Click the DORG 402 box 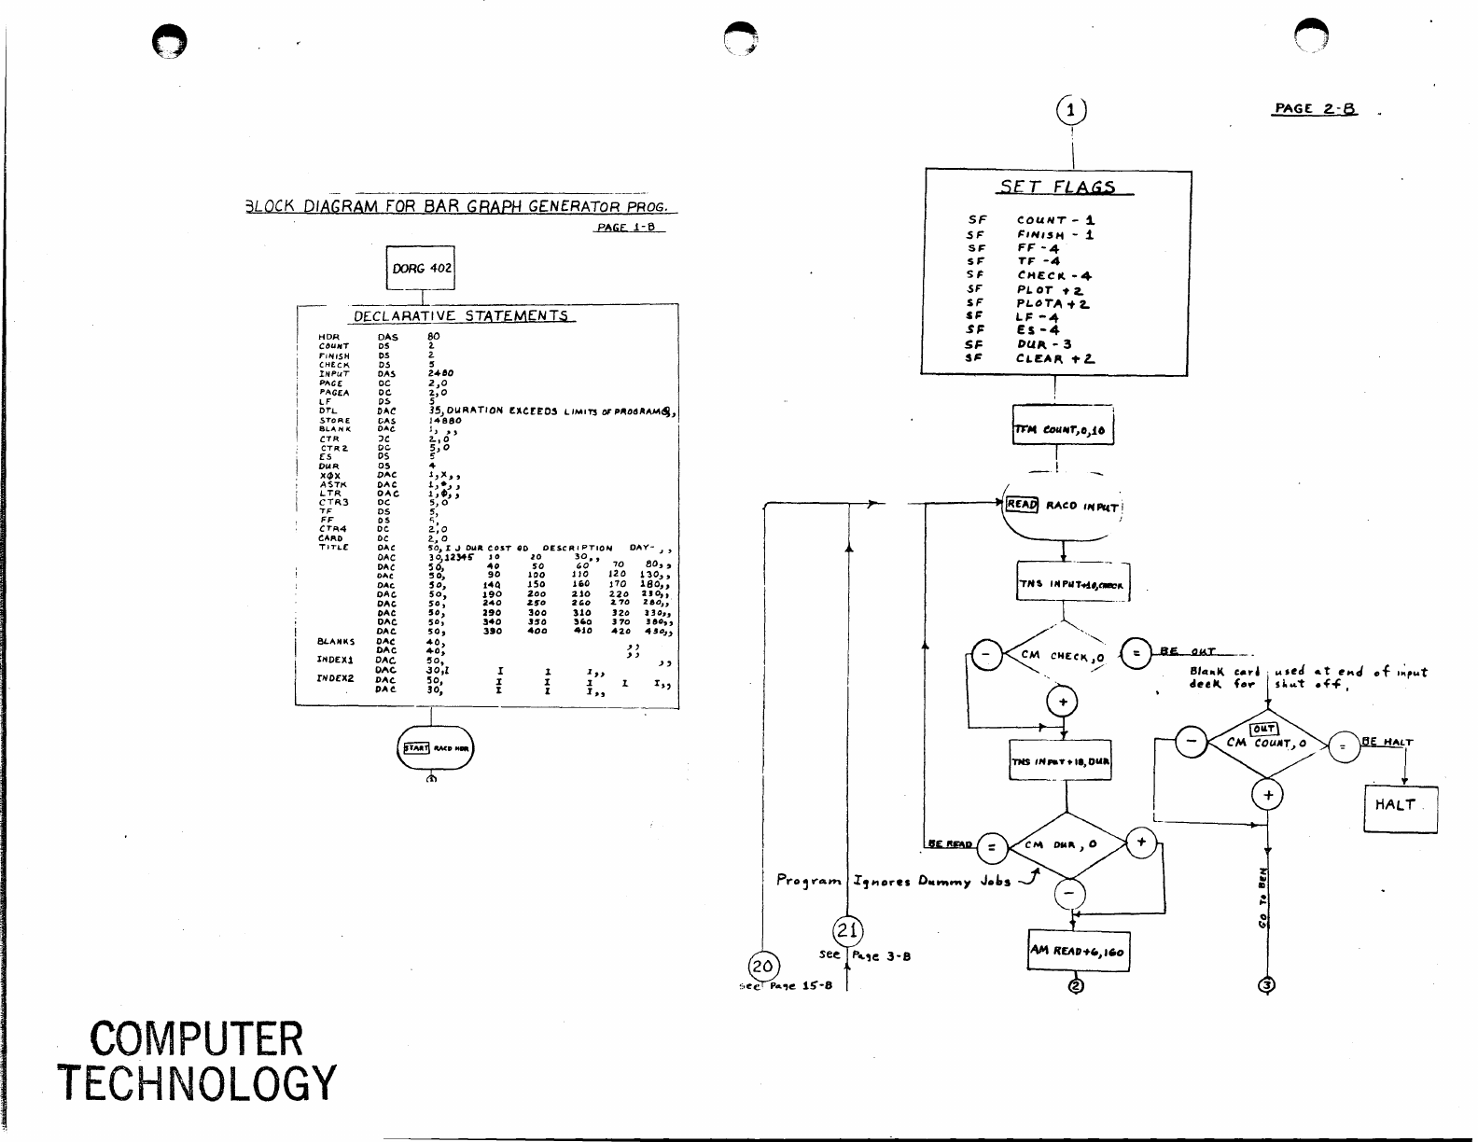[x=421, y=269]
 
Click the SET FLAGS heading [x=1057, y=187]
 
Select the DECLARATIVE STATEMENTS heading [x=461, y=316]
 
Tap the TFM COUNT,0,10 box [x=1062, y=430]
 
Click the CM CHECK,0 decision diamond [x=1063, y=656]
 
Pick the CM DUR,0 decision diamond [x=1066, y=845]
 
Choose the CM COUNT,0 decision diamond [x=1267, y=743]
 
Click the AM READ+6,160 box [x=1078, y=952]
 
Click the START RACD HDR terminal [x=436, y=748]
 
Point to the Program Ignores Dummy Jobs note [x=894, y=881]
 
